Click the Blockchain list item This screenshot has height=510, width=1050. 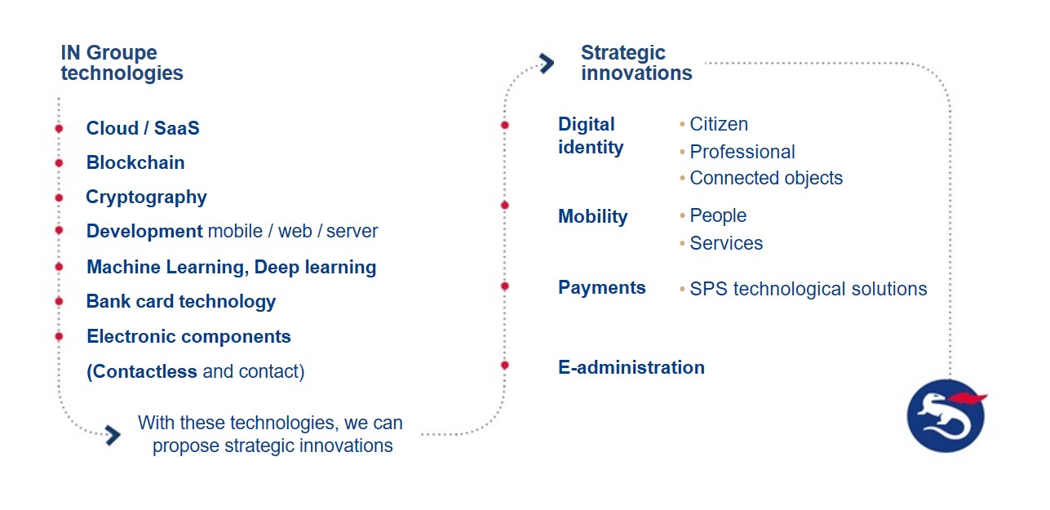(x=135, y=163)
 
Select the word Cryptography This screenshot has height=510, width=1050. (x=146, y=197)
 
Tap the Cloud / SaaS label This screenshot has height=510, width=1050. (x=143, y=128)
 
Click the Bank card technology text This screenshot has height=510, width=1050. (x=181, y=302)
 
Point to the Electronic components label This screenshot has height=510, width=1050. (x=188, y=337)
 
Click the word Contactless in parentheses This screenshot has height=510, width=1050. (x=144, y=372)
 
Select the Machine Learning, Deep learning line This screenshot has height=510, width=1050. (x=231, y=268)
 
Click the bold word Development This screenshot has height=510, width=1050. (x=144, y=232)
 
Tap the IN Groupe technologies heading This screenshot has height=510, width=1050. (x=122, y=63)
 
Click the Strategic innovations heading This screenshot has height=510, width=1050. (x=636, y=63)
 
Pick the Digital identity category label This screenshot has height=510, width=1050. (x=591, y=135)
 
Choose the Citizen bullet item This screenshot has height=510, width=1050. (x=718, y=125)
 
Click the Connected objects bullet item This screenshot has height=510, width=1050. (x=765, y=179)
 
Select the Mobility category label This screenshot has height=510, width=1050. (x=592, y=217)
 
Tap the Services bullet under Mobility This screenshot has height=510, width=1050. (x=725, y=244)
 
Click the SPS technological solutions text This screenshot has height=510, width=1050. (x=808, y=289)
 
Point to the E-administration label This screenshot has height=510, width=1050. (x=631, y=368)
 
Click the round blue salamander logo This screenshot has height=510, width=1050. (x=946, y=416)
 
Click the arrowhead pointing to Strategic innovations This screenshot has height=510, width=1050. (x=547, y=63)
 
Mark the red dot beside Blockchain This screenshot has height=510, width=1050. (x=59, y=163)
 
